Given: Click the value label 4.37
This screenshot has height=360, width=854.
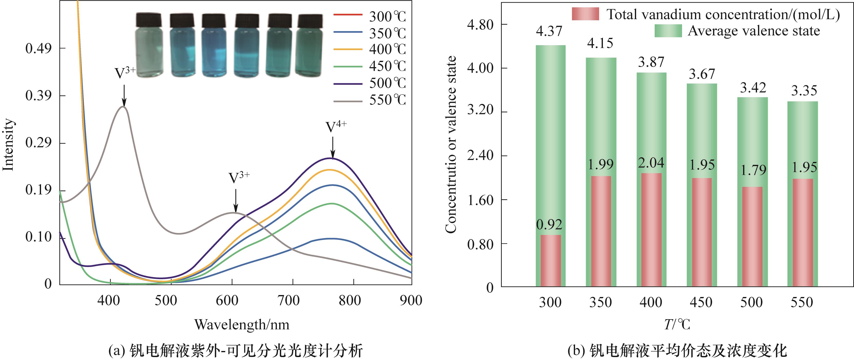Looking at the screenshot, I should click(x=549, y=31).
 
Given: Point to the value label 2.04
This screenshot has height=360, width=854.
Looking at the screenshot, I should click(x=651, y=163).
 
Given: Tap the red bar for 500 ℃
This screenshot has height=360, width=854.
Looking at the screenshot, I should click(x=752, y=237).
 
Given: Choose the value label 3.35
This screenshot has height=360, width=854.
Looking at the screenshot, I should click(x=804, y=91).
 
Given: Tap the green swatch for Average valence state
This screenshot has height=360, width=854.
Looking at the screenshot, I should click(x=668, y=31).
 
